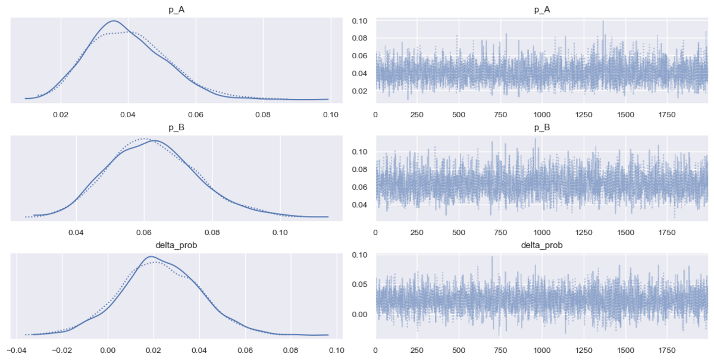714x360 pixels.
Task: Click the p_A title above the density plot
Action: (x=176, y=10)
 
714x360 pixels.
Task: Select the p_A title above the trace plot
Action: (x=542, y=10)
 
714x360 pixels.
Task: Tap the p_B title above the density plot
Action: (x=176, y=127)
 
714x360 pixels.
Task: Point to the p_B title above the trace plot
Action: (x=542, y=127)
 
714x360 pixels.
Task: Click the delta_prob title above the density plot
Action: (x=176, y=245)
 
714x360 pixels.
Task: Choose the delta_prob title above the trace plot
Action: (x=542, y=245)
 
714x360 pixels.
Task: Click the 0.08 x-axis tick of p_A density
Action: (x=263, y=114)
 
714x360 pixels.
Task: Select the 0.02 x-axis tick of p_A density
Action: (x=61, y=114)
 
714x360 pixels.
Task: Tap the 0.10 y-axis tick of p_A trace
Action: (x=359, y=21)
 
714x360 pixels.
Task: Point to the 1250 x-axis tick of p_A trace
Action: (x=584, y=114)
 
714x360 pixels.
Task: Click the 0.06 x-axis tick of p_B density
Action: (x=144, y=233)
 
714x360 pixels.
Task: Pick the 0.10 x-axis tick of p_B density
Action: (x=280, y=233)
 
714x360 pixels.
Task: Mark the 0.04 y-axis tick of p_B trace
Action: (x=359, y=205)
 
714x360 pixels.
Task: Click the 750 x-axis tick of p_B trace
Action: (x=500, y=233)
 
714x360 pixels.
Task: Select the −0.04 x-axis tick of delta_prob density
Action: (x=16, y=350)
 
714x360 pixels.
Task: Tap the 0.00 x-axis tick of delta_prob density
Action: (x=108, y=350)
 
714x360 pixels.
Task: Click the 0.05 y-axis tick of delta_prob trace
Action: (x=359, y=284)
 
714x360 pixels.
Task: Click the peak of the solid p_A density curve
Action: (x=114, y=21)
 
